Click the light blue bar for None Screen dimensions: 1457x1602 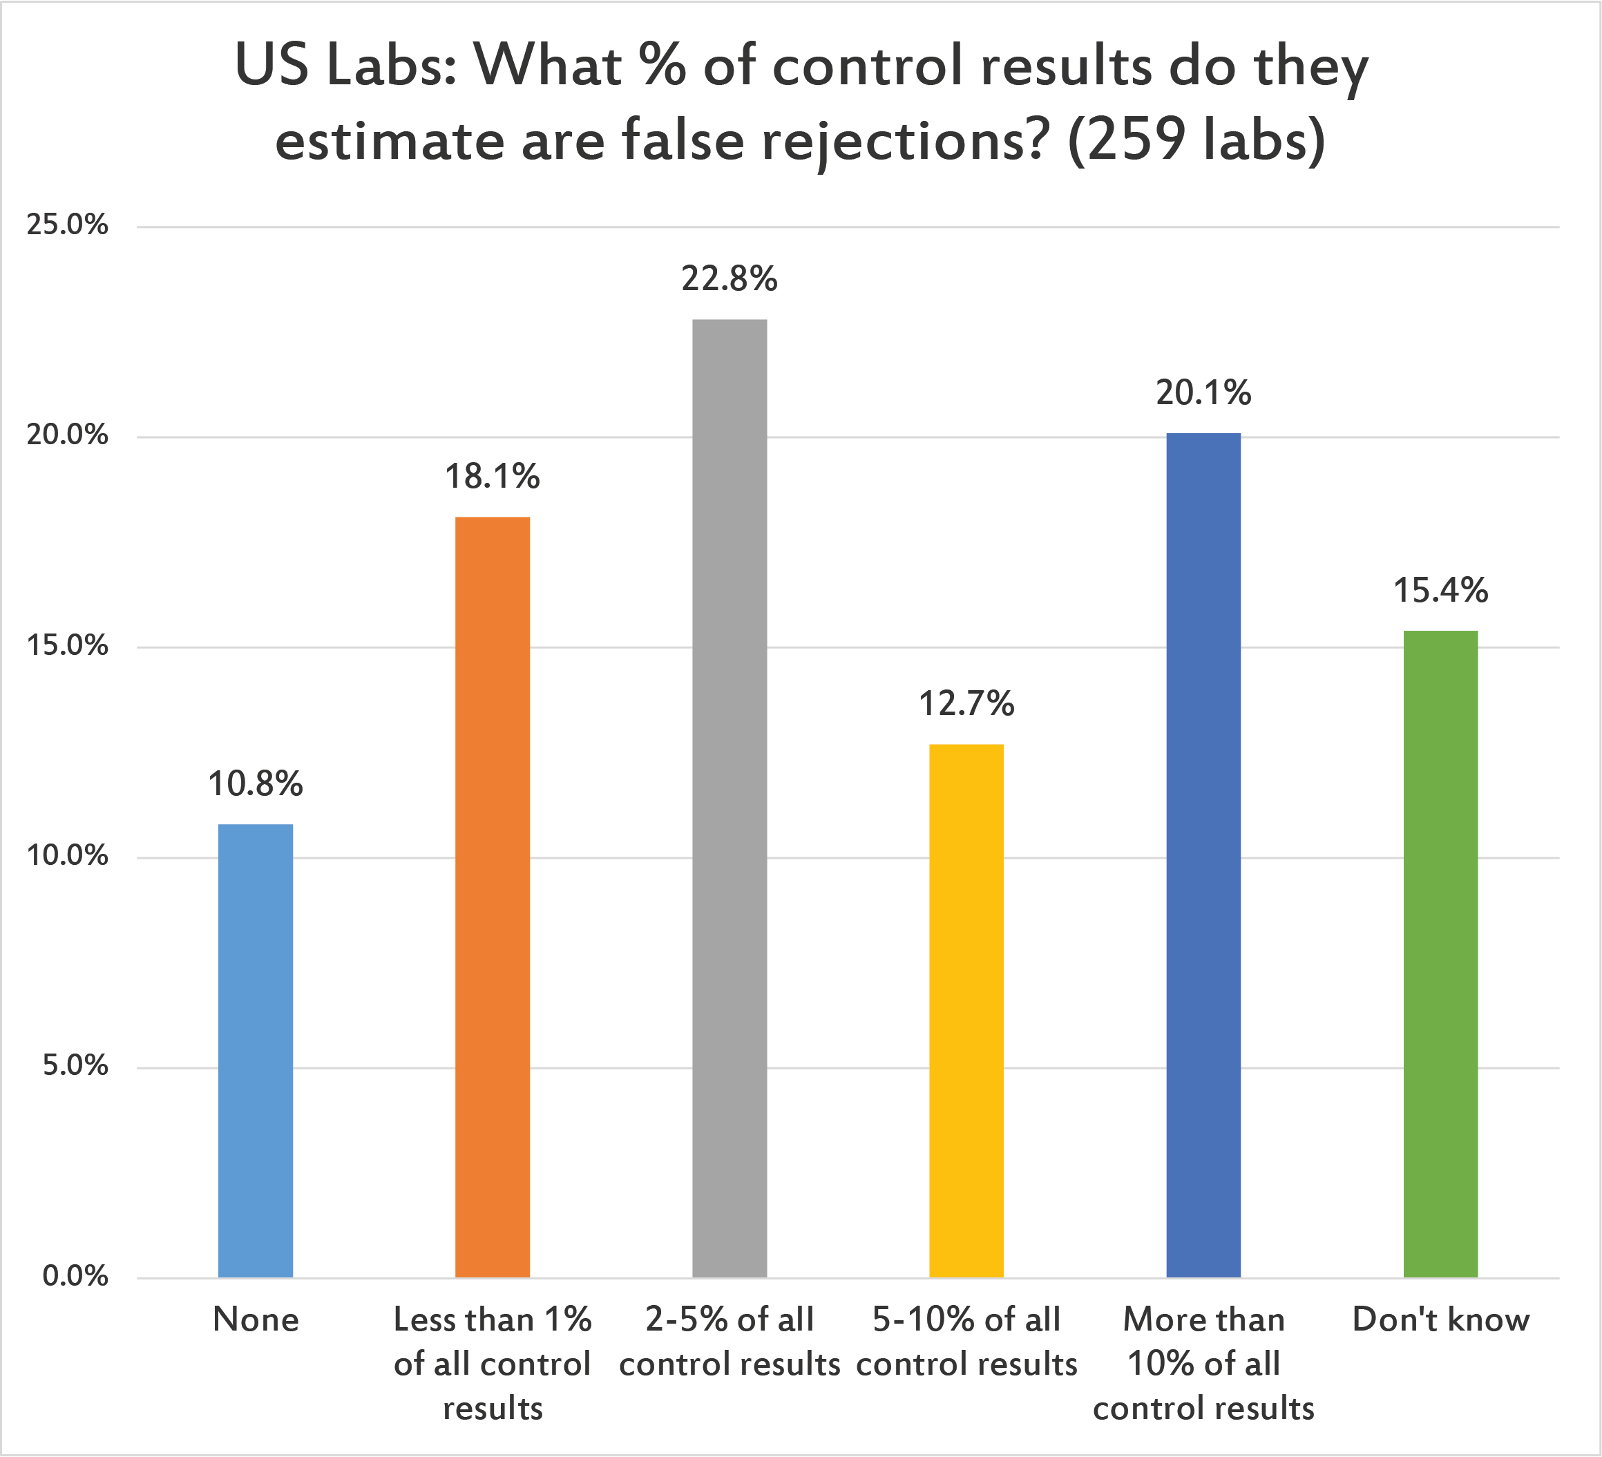click(255, 1051)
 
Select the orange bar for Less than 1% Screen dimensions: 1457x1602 click(492, 897)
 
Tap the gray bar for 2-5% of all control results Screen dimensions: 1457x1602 click(730, 798)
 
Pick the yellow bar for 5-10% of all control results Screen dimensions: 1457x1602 click(966, 1011)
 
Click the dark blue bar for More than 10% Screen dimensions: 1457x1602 click(1203, 855)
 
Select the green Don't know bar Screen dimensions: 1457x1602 click(1440, 954)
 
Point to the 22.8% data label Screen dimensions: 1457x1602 click(730, 279)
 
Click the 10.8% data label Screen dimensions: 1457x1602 click(255, 785)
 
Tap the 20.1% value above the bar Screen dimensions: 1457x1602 click(1203, 392)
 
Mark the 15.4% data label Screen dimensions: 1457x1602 click(1440, 591)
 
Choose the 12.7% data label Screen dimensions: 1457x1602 click(966, 704)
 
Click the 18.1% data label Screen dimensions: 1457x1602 click(492, 477)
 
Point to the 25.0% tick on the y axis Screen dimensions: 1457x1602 click(68, 225)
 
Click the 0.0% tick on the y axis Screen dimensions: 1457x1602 click(75, 1277)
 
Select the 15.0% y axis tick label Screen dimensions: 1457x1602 click(68, 645)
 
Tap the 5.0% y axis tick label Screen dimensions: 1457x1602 click(75, 1066)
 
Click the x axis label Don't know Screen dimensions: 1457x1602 click(1440, 1320)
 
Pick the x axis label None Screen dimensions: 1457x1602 click(255, 1320)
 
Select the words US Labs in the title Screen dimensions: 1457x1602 click(345, 65)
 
